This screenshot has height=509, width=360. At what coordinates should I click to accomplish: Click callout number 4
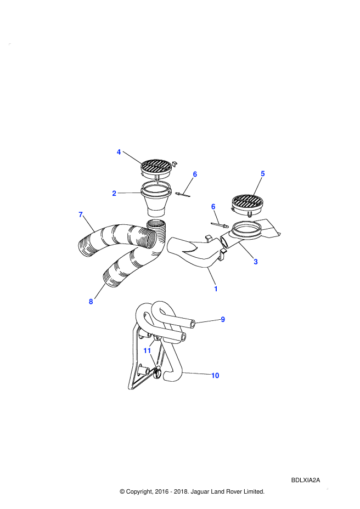point(119,152)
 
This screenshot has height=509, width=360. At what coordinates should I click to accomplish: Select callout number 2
point(114,194)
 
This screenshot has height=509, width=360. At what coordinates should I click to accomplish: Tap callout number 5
point(263,174)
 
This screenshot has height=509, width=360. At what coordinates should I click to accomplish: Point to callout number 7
point(81,214)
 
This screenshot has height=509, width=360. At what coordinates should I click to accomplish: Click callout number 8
point(91,302)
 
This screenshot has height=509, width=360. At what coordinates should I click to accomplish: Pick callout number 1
point(216,289)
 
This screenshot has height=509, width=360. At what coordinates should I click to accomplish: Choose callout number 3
point(256,262)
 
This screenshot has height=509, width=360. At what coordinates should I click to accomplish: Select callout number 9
point(223,319)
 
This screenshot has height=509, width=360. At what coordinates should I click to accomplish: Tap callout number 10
point(215,376)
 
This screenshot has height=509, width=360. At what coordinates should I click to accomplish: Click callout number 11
point(147,350)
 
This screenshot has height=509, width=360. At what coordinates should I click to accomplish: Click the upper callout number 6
point(195,174)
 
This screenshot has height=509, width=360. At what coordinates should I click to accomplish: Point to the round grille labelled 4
point(157,168)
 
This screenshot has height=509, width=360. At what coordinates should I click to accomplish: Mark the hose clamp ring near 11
point(157,372)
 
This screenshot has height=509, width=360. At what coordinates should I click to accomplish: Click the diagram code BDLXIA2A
point(306,480)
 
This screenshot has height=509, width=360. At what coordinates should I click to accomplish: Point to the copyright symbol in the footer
point(122,491)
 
